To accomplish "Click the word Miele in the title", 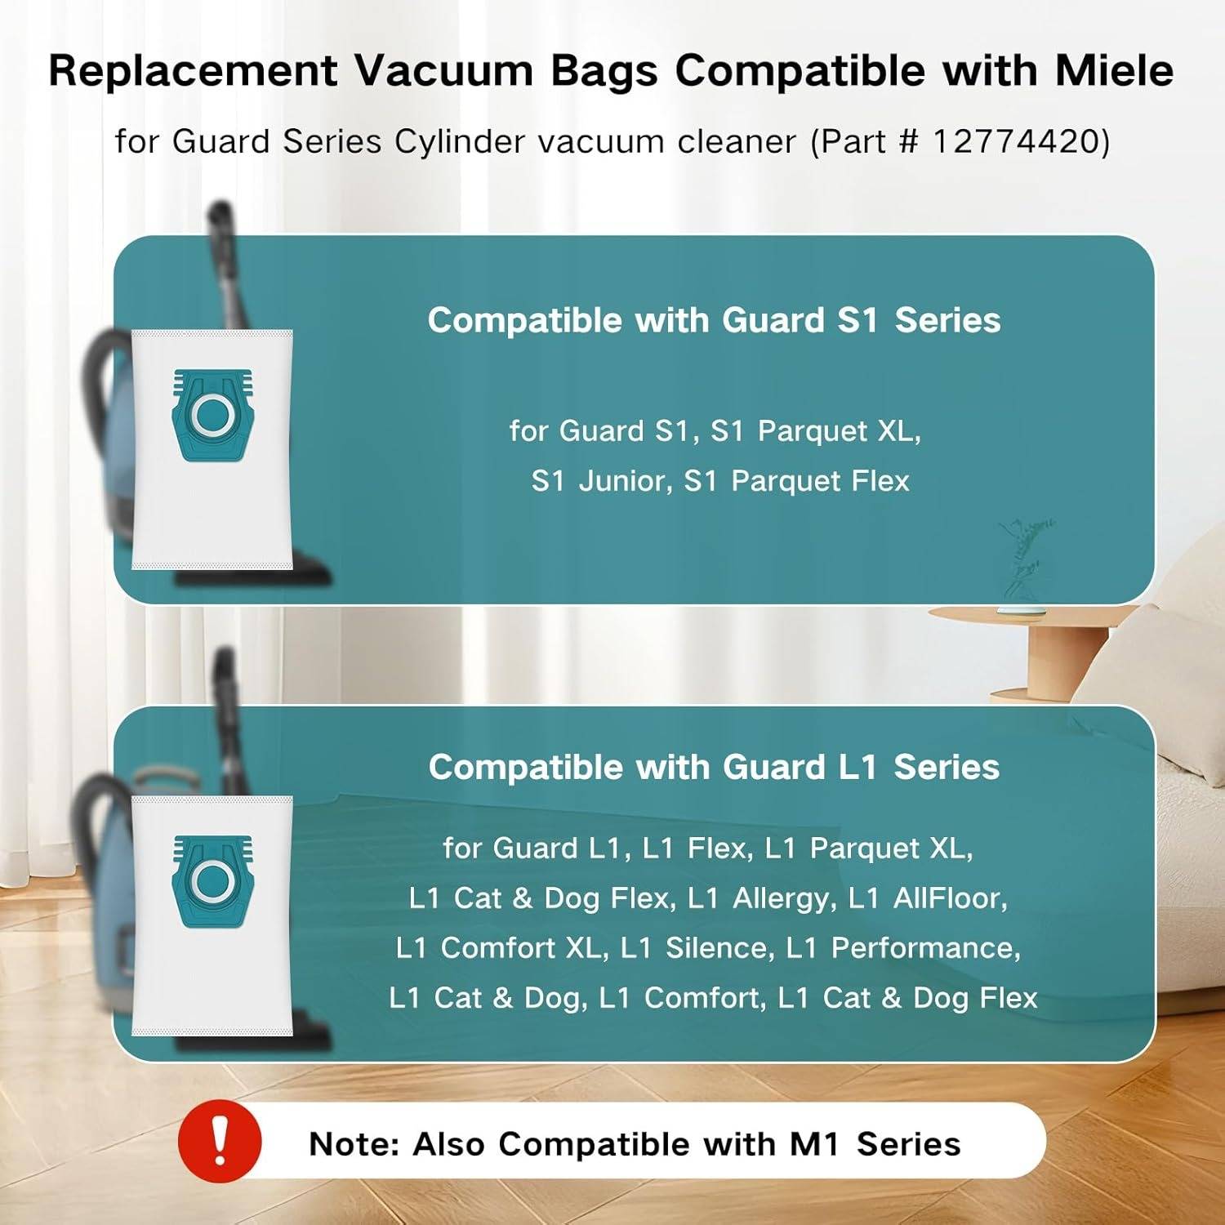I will point(1114,70).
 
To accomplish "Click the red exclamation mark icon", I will point(219,1142).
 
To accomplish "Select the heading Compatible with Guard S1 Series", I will point(714,320).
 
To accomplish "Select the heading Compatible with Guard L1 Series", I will point(714,768).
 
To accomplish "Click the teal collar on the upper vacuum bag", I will point(212,414).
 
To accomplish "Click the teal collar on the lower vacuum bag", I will point(212,880).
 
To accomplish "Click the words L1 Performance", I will point(902,948).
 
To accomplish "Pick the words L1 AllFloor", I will point(927,898).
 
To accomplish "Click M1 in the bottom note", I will point(814,1144).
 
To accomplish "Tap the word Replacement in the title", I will point(193,70).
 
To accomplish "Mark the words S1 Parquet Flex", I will point(796,481).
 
